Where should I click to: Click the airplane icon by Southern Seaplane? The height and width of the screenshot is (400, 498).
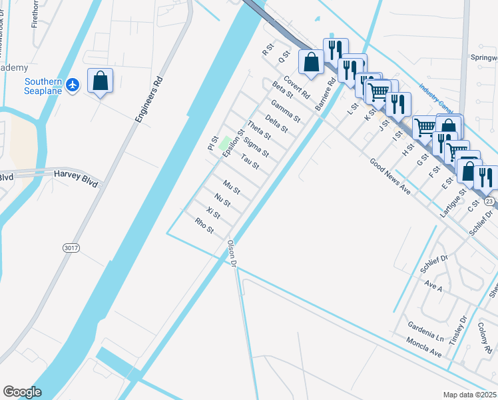73,85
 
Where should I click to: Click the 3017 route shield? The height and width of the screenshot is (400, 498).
71,247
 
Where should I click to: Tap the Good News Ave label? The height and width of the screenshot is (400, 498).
390,177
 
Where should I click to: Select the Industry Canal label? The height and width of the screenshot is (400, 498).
436,97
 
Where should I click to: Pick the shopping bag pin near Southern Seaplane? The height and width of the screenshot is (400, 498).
100,81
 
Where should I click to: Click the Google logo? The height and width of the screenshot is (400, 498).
22,392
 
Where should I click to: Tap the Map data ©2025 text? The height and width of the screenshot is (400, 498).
470,395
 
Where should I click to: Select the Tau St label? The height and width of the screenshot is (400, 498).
250,161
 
